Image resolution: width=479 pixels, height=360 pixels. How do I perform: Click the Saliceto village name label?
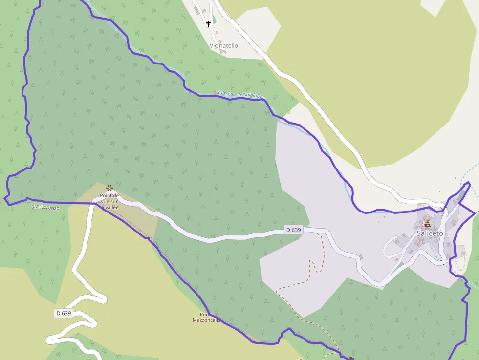[x=430, y=233]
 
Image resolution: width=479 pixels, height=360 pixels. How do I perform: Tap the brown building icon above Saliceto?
[x=428, y=224]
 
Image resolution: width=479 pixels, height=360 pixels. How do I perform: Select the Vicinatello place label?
[x=223, y=46]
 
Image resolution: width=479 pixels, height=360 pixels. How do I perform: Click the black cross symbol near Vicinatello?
[x=208, y=23]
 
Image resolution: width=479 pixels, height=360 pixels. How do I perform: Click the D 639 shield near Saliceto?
[x=294, y=230]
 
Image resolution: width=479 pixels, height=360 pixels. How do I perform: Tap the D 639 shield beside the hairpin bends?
[x=64, y=313]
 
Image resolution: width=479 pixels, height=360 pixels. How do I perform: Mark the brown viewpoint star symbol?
[x=109, y=188]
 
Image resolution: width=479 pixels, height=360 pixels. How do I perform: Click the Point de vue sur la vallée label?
[x=109, y=201]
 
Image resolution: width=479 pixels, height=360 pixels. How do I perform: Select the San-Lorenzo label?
[x=45, y=207]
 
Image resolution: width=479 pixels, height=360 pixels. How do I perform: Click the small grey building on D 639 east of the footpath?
[x=361, y=256]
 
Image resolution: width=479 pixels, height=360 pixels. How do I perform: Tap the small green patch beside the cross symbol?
[x=214, y=20]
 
